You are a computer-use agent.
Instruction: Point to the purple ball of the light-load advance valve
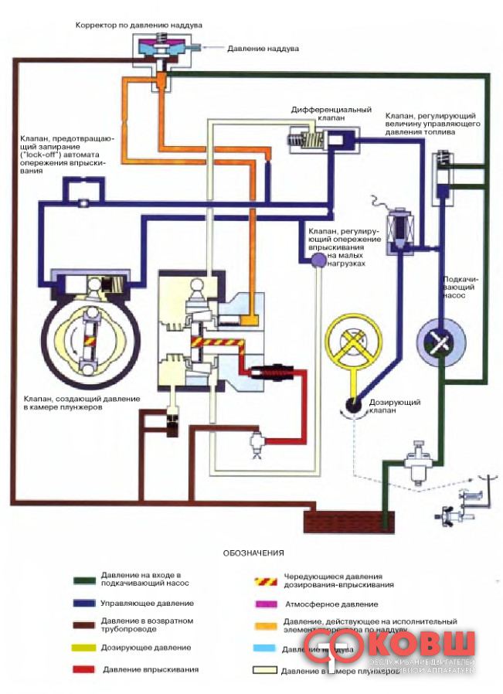(316, 262)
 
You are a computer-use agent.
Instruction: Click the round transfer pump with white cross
(440, 339)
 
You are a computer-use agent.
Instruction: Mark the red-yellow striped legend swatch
(265, 580)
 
